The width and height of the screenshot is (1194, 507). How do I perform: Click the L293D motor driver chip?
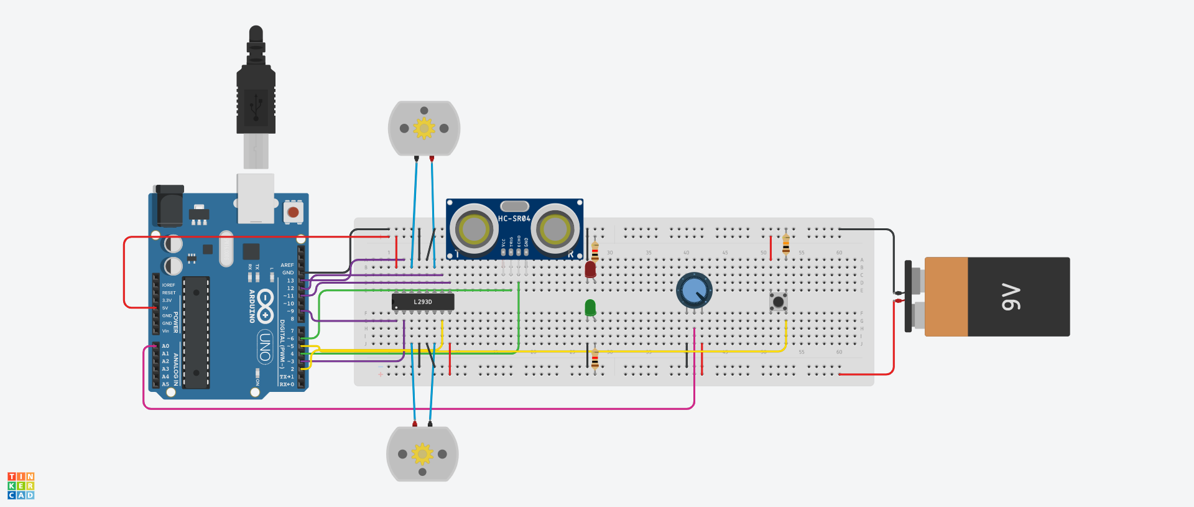(423, 302)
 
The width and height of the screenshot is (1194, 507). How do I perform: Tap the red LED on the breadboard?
(590, 269)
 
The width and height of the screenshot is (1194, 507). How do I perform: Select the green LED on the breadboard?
(590, 307)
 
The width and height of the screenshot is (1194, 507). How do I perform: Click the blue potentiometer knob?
(694, 290)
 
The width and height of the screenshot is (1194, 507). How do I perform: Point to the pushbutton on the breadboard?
(778, 302)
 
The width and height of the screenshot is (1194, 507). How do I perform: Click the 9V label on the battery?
(1011, 297)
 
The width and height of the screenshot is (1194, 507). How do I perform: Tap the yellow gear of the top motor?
(424, 128)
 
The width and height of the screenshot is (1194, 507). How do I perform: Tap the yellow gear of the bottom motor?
(422, 454)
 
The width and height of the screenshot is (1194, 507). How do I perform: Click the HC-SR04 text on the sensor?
(514, 218)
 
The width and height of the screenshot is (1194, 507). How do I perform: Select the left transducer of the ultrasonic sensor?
(474, 230)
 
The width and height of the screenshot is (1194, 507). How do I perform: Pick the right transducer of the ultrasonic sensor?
(555, 230)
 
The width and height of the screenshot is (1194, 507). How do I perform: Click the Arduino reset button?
(293, 212)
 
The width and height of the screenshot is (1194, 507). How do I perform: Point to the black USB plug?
(256, 93)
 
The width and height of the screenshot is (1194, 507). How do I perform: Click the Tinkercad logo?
(21, 485)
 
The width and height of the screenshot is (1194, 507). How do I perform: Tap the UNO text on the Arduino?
(265, 347)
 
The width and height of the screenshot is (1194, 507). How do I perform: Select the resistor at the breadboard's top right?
(786, 243)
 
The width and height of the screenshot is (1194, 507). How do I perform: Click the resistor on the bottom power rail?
(595, 359)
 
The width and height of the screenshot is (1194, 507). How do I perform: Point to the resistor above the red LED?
(595, 250)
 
